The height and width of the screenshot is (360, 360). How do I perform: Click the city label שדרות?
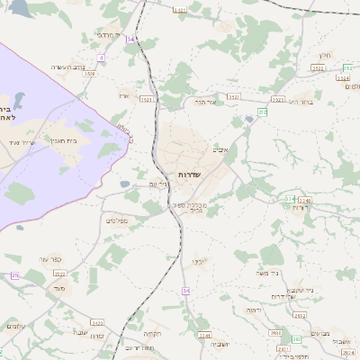(x=188, y=174)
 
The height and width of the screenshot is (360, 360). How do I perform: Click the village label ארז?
(x=124, y=94)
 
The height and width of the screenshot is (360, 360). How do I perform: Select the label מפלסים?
(x=119, y=220)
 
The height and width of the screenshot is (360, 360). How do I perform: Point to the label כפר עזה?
(x=49, y=259)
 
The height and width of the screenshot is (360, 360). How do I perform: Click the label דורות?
(x=299, y=207)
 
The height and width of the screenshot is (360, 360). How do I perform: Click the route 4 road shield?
(x=102, y=58)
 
